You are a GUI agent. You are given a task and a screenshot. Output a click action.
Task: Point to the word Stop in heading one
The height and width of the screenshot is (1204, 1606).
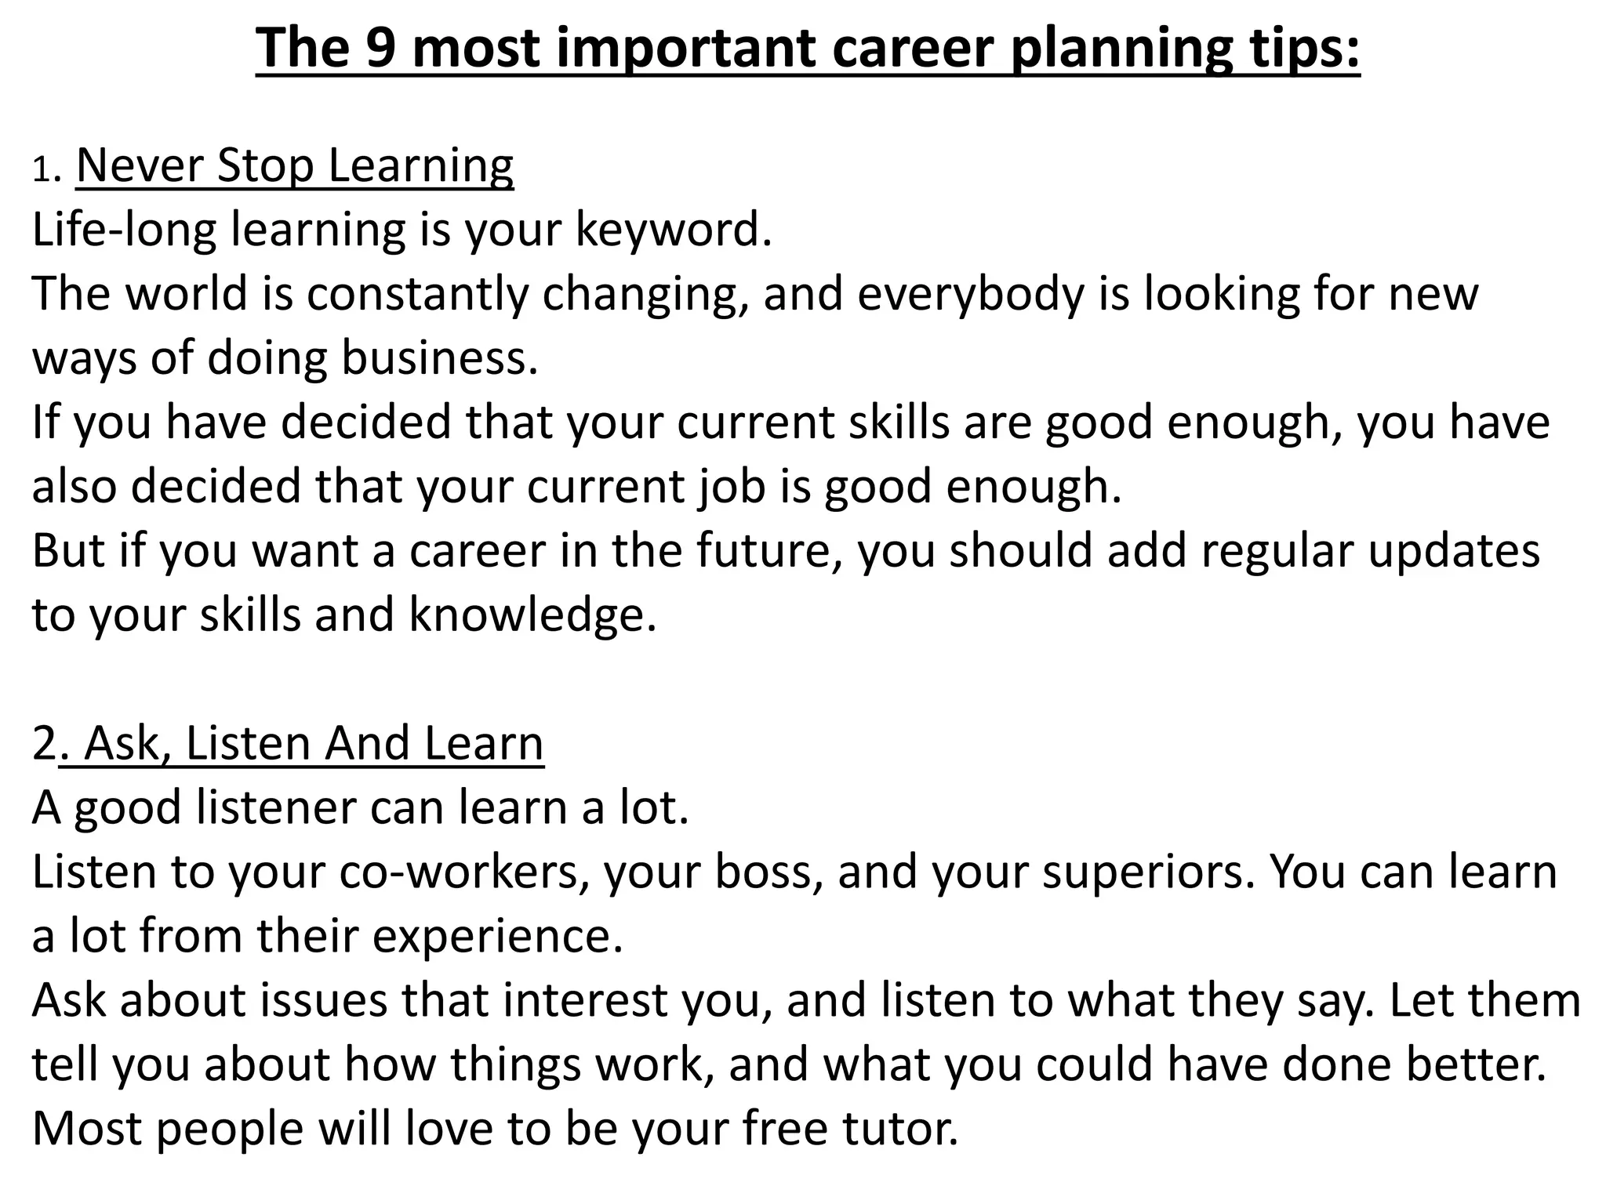(266, 166)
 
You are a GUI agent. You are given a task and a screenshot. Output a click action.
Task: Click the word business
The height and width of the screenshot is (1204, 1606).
(440, 358)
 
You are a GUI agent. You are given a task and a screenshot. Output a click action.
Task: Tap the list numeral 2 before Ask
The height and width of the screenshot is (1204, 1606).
(44, 743)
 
